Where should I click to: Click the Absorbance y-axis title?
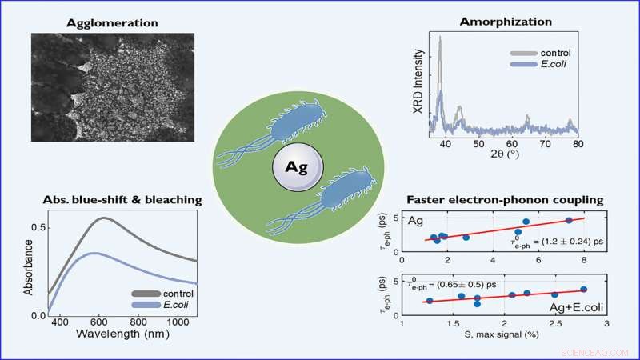coord(30,265)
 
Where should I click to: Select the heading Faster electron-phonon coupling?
coord(493,199)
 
